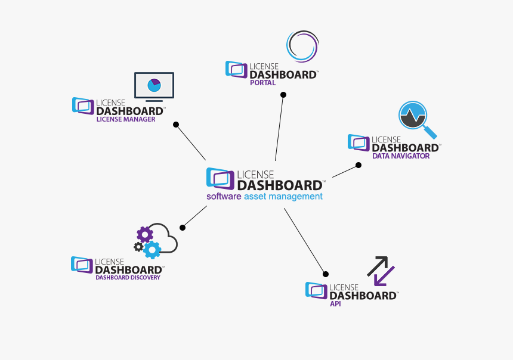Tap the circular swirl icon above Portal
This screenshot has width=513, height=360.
302,46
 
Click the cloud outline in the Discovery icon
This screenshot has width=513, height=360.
165,238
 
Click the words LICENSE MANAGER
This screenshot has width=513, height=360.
126,119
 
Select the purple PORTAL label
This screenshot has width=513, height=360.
262,83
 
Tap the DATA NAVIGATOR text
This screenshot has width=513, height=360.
401,156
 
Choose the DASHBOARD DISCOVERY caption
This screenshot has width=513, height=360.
128,277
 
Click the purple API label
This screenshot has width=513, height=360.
336,304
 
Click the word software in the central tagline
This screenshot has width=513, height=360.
224,196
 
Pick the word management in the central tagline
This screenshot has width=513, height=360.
295,196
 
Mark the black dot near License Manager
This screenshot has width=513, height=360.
176,125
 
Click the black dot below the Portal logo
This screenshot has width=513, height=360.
283,95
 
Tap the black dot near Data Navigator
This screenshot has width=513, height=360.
359,165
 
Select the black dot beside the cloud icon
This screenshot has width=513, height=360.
183,228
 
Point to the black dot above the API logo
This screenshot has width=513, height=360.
326,274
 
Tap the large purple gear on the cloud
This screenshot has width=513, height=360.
145,234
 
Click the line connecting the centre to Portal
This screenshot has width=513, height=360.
279,128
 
